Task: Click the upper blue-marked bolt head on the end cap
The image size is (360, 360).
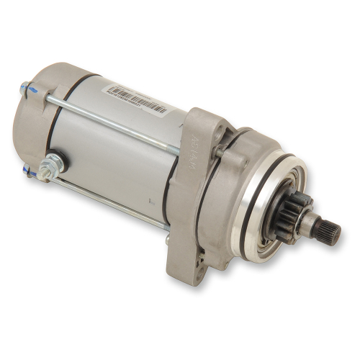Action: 27,90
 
